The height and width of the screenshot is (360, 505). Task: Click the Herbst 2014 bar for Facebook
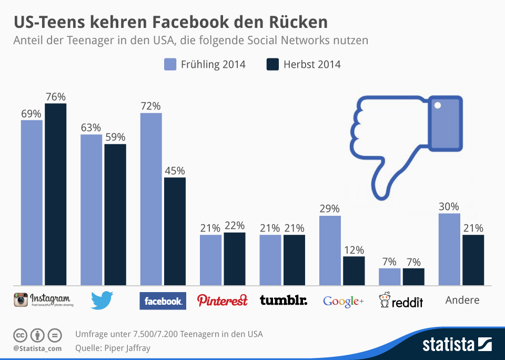point(175,232)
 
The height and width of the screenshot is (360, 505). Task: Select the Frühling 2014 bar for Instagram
point(32,203)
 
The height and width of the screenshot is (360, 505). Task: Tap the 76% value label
point(55,97)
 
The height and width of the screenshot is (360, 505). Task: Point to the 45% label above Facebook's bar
point(175,171)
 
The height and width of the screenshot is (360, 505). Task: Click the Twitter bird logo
point(102,301)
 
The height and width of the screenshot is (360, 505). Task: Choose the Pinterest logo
point(222,301)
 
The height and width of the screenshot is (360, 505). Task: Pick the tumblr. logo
point(284,301)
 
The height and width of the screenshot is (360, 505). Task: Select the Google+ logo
point(343,301)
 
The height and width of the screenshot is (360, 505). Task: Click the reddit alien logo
point(385,300)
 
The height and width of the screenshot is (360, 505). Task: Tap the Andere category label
point(462,300)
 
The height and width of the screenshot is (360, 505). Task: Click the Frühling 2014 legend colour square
point(170,64)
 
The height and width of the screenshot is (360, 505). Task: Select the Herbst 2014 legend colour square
point(272,64)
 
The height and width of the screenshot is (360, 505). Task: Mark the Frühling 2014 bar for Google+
point(330,251)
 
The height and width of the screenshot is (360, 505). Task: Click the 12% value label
point(353,250)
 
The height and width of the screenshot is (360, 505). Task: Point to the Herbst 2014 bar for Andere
point(473,260)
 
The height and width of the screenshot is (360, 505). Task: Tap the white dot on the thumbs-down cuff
point(438,105)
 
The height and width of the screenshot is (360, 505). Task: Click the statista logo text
point(448,345)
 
